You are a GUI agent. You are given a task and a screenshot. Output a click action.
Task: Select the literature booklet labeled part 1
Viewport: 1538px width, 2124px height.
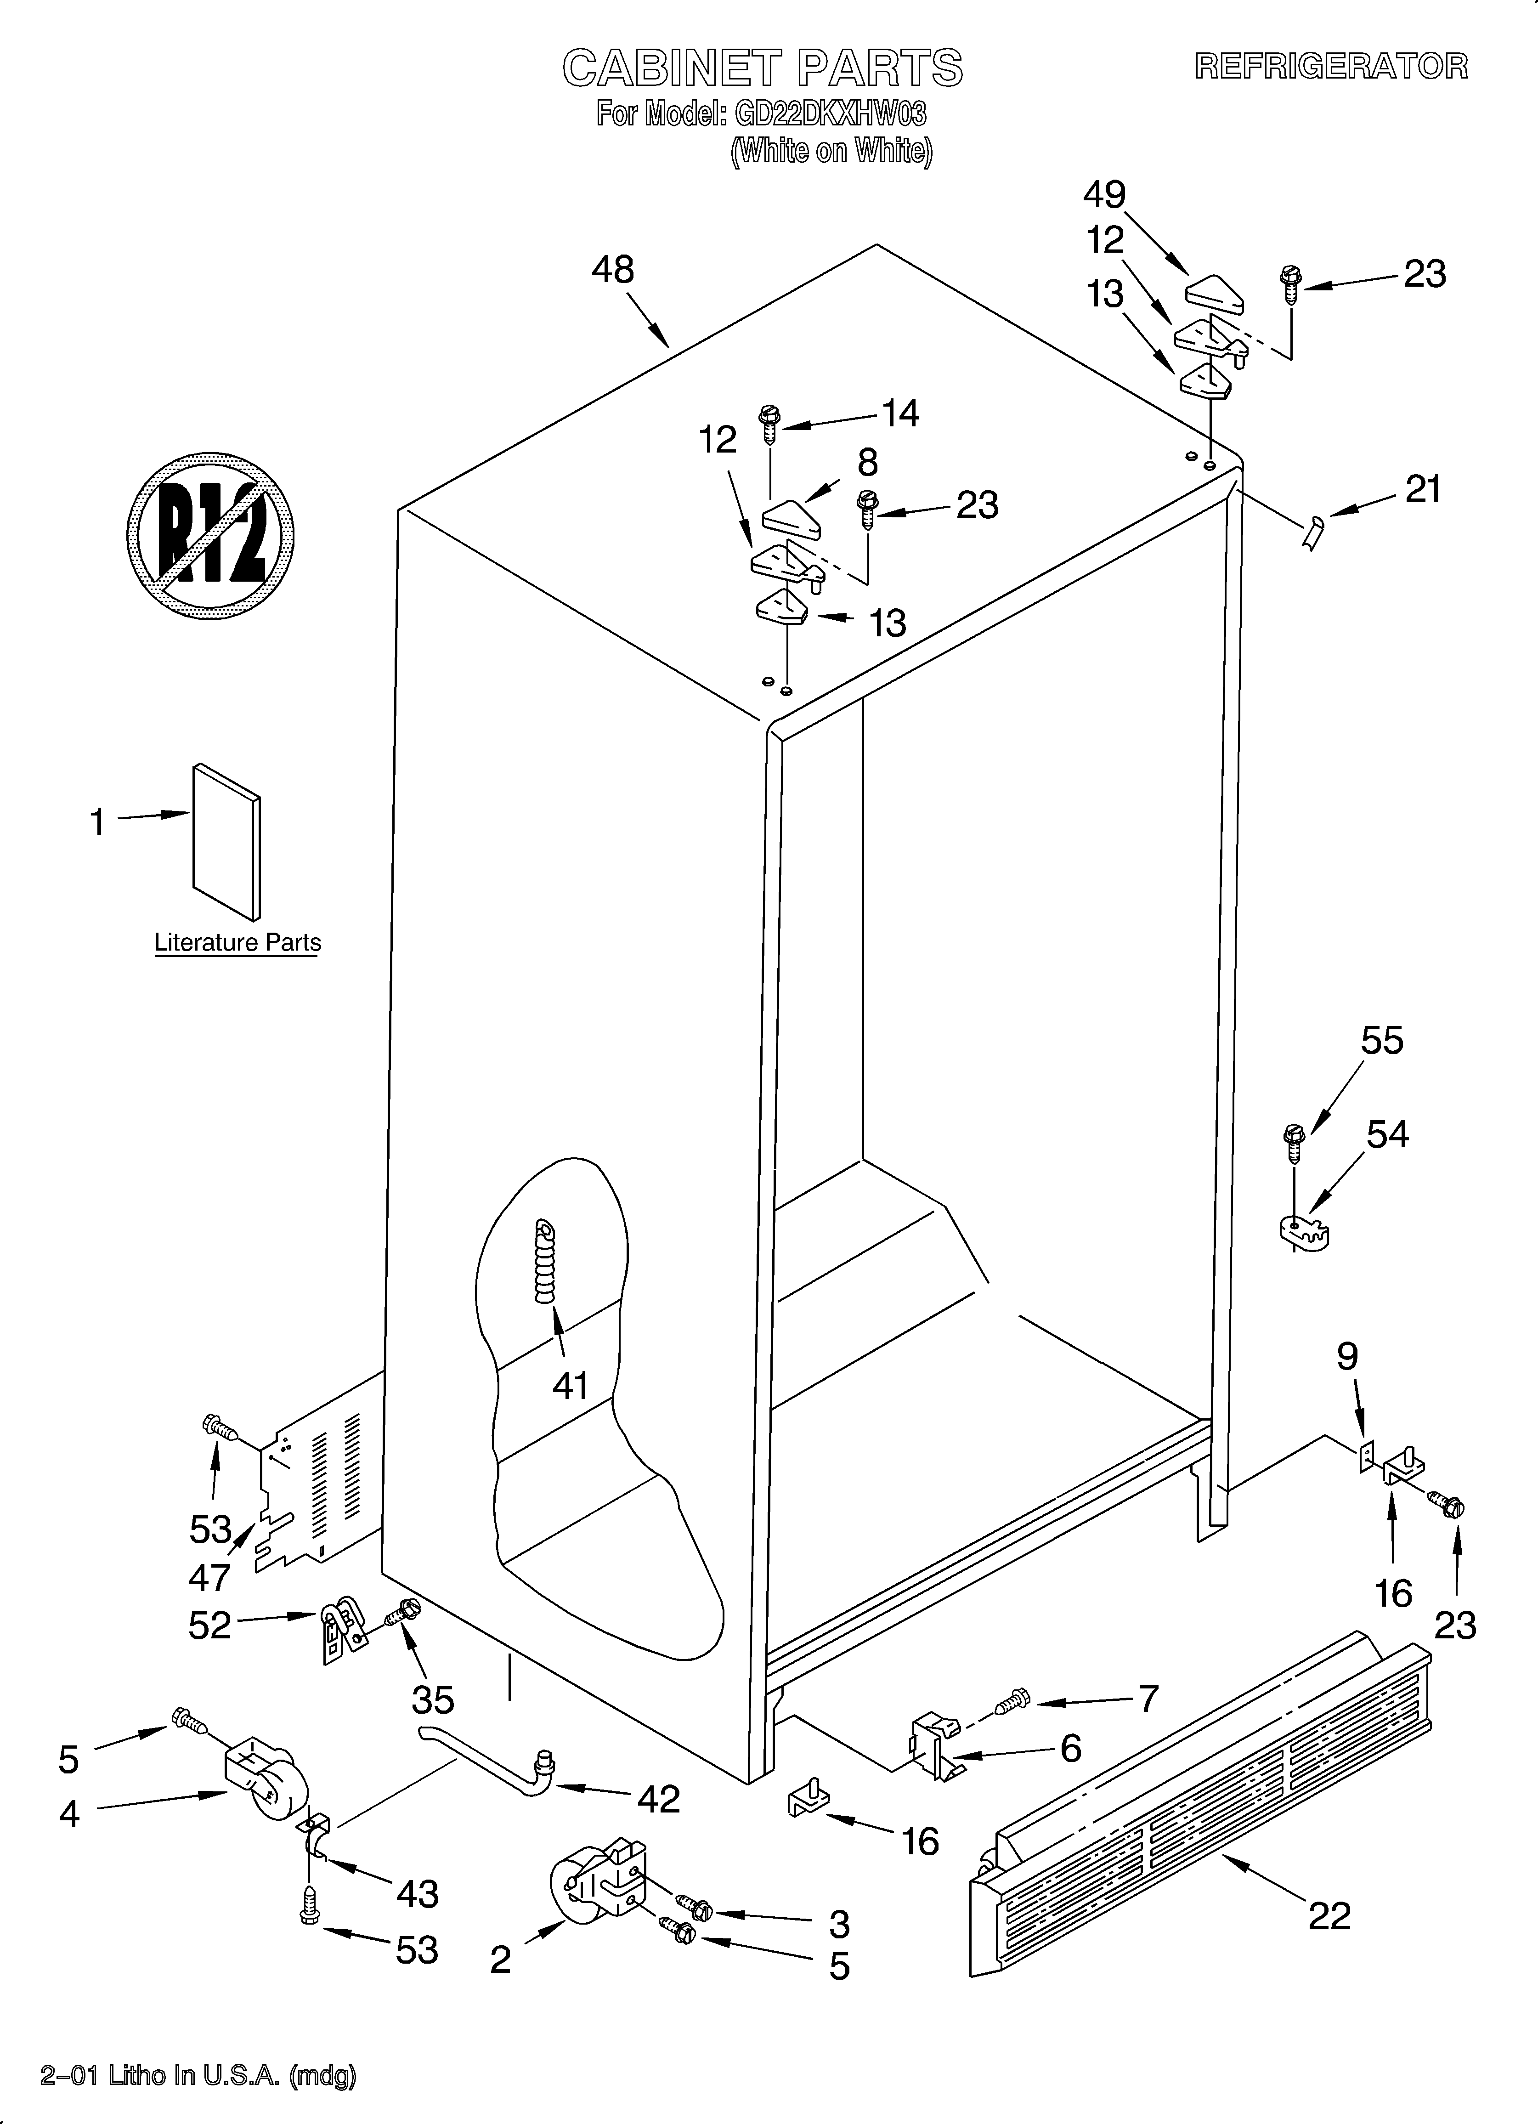pos(226,841)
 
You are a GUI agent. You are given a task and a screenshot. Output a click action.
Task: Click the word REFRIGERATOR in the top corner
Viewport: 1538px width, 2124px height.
pos(1331,67)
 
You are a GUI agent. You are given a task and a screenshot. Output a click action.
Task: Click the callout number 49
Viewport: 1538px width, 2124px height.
pos(1104,195)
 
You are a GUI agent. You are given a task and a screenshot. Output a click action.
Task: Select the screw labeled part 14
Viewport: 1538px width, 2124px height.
pos(770,423)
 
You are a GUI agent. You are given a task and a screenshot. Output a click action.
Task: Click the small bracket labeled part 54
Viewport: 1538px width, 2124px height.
pos(1304,1234)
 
